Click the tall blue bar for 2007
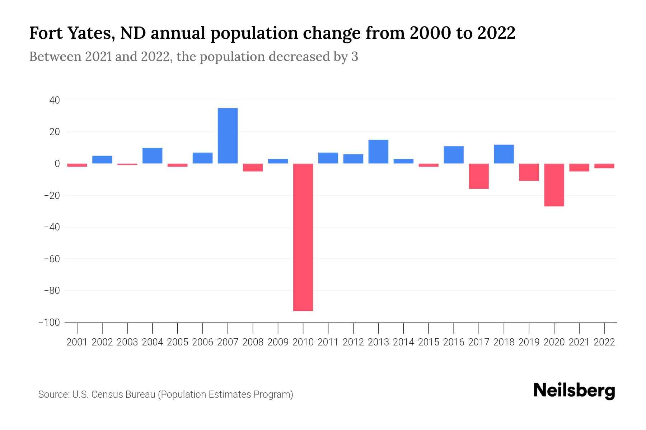(x=228, y=136)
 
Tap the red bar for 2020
(x=554, y=185)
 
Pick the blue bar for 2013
(x=378, y=152)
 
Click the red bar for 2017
(x=479, y=176)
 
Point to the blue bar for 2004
(x=153, y=156)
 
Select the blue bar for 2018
(x=504, y=154)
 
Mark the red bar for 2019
(x=529, y=172)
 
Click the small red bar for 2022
(x=604, y=166)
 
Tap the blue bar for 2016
(x=454, y=155)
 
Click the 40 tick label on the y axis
(x=55, y=100)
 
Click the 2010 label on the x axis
(x=303, y=342)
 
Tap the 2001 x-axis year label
(x=77, y=342)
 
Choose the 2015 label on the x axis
(x=429, y=342)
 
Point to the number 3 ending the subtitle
(x=355, y=57)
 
